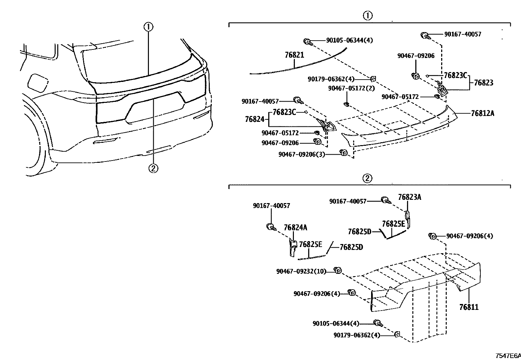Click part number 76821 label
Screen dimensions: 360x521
294,55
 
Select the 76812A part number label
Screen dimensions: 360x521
482,113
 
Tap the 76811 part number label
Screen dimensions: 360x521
469,307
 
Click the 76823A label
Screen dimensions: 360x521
409,197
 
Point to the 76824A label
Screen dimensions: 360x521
296,227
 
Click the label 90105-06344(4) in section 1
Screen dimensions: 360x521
349,40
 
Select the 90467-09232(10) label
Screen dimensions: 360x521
301,271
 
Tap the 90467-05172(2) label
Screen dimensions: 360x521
351,88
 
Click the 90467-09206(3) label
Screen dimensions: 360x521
301,154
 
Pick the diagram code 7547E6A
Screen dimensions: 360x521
508,356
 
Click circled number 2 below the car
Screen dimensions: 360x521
153,168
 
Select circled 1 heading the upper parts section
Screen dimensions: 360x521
368,15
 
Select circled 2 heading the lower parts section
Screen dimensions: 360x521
368,178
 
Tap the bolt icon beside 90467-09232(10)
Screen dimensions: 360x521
338,270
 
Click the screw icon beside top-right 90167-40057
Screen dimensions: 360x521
425,35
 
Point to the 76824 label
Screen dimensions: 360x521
254,119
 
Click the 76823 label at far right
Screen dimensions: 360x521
483,83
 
